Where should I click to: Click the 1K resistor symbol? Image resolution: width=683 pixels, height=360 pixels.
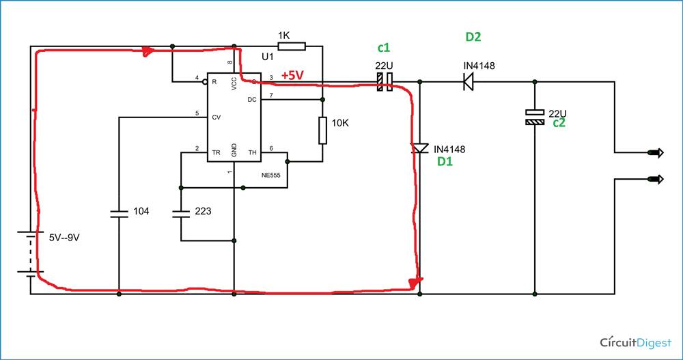point(291,46)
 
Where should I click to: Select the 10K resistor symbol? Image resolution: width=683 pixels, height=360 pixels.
point(323,130)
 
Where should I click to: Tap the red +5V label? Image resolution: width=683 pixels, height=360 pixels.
point(292,76)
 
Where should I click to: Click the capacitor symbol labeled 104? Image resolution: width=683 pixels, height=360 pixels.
point(119,213)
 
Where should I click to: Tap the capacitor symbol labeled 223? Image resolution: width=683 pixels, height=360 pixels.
point(180,213)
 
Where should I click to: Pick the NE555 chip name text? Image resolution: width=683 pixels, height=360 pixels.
point(271,174)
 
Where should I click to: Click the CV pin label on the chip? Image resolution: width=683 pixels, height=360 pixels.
point(217,117)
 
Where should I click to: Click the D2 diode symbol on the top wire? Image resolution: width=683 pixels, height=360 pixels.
point(469,82)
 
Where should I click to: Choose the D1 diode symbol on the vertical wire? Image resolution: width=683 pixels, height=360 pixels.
point(419,148)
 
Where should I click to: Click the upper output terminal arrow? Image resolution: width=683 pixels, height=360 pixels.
point(657,152)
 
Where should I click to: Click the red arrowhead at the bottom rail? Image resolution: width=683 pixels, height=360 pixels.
point(417,281)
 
